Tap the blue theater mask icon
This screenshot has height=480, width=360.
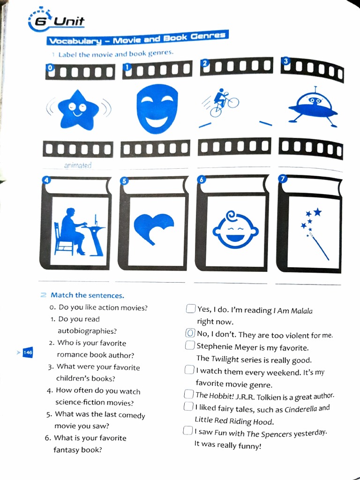(x=157, y=108)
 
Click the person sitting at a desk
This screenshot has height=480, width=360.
(x=75, y=232)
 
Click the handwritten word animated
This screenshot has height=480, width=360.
(x=77, y=165)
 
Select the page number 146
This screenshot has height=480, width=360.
(x=28, y=352)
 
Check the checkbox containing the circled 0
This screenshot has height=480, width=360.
(x=190, y=334)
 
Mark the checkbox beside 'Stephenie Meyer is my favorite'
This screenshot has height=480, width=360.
(x=190, y=346)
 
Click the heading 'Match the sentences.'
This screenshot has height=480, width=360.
(x=87, y=295)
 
